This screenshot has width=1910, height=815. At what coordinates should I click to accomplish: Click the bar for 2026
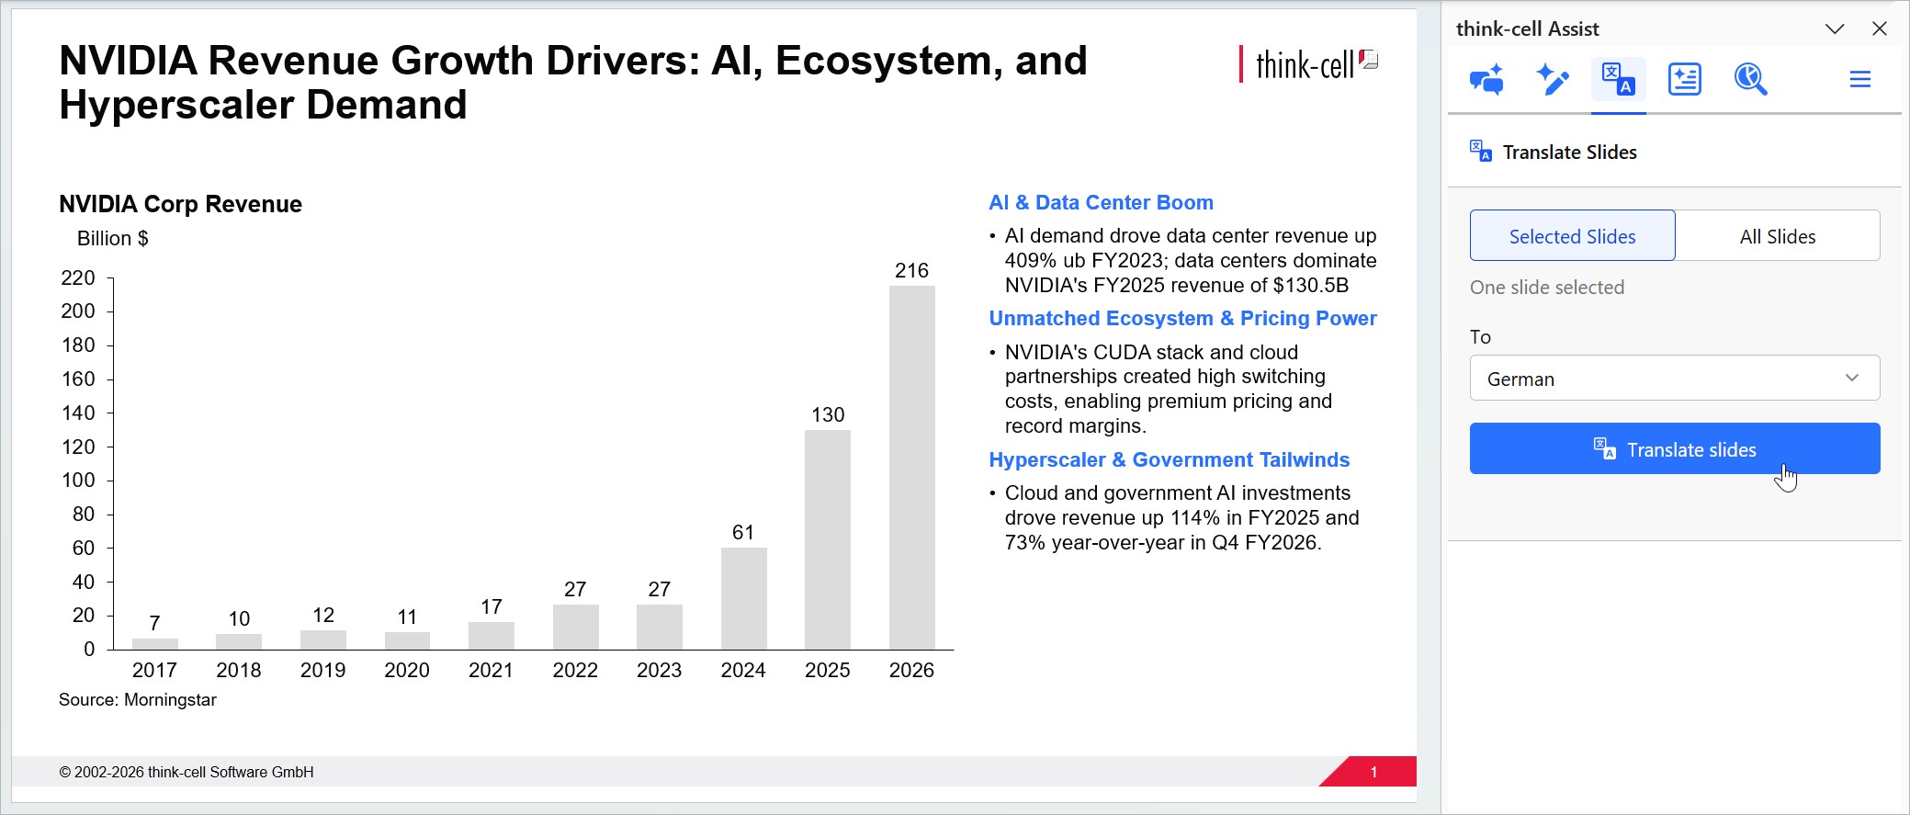coord(911,468)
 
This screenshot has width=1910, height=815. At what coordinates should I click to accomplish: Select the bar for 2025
coord(828,539)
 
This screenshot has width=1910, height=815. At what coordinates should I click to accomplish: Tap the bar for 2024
coord(743,598)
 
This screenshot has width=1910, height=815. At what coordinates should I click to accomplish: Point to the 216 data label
coord(911,270)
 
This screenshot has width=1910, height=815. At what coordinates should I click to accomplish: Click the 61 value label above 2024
coord(743,532)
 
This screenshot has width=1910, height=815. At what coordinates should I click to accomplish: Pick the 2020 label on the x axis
coord(407,670)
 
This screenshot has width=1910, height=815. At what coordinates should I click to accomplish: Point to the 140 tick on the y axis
coord(78,413)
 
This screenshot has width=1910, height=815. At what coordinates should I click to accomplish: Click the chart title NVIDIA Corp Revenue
coord(180,204)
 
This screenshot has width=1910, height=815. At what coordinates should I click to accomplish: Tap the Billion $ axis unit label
coord(113,239)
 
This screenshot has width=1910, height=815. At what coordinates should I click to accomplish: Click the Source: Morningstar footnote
coord(138,700)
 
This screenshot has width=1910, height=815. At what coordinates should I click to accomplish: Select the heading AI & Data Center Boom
coord(1101,202)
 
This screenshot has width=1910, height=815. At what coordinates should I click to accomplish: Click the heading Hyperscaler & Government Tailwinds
coord(1169,459)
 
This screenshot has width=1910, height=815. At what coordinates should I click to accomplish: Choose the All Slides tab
coord(1778,236)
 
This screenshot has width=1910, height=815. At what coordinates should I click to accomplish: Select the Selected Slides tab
coord(1572,236)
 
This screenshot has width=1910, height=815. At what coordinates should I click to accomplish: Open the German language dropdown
coord(1675,379)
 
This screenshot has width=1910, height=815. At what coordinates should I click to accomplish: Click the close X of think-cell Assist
coord(1880,28)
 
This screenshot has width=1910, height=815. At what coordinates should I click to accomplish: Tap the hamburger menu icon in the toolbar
coord(1860,79)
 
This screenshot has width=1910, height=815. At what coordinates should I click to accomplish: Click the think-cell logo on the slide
coord(1308,64)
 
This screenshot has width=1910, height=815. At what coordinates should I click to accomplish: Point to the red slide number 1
coord(1373,772)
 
